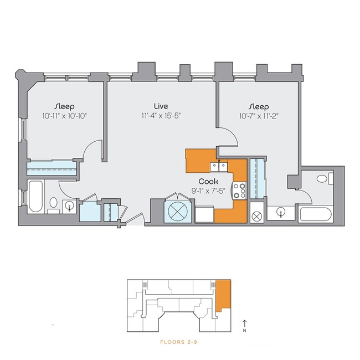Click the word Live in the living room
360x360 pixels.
click(x=161, y=106)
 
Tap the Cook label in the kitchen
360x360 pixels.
click(x=208, y=181)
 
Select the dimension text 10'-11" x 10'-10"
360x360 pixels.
click(x=64, y=116)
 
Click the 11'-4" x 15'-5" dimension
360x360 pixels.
click(x=161, y=116)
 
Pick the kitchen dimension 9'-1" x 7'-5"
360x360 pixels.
click(x=208, y=191)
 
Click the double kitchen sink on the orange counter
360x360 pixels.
click(x=218, y=166)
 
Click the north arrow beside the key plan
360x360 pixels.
click(x=244, y=323)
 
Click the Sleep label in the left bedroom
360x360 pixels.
click(x=64, y=106)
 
